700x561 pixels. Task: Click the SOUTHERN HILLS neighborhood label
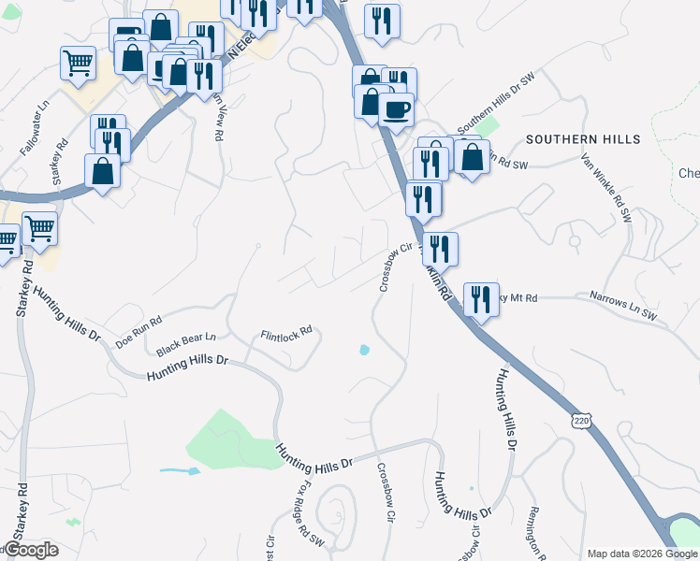583,139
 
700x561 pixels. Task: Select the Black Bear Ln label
185,343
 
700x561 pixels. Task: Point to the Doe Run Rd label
139,330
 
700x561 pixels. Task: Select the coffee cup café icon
396,108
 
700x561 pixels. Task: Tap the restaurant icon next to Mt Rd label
481,299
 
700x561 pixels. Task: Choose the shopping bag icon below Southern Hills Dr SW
474,157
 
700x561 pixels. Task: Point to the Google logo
30,550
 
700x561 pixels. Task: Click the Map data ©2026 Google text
642,554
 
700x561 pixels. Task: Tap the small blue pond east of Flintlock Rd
363,351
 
